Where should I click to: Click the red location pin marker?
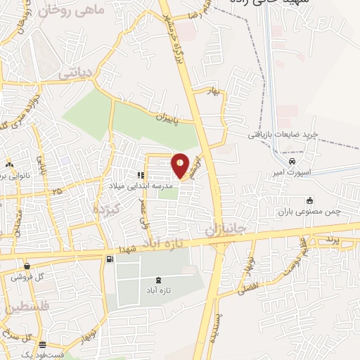(181, 166)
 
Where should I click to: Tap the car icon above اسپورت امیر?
(282, 160)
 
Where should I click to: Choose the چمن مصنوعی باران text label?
(311, 212)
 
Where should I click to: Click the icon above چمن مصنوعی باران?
(309, 200)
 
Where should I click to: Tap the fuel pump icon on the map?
(110, 260)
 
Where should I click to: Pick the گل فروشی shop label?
(27, 277)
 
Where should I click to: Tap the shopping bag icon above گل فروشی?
(27, 266)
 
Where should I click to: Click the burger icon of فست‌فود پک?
(44, 345)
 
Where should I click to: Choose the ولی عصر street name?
(146, 210)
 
